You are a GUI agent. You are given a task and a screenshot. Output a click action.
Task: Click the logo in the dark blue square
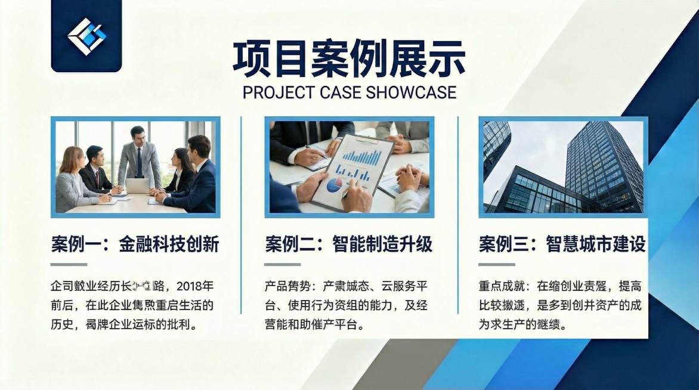click(86, 36)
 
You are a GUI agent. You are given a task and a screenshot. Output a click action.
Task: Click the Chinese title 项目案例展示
click(349, 59)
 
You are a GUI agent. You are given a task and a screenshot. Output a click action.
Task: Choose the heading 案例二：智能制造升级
click(349, 244)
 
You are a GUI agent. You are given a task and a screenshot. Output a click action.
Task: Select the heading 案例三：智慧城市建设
click(562, 244)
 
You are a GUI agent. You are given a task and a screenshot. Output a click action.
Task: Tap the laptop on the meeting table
click(137, 186)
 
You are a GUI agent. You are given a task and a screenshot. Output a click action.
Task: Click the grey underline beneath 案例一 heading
click(69, 264)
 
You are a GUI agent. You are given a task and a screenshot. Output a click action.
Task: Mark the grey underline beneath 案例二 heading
click(282, 264)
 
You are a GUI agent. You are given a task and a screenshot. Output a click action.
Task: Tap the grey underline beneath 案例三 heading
click(496, 264)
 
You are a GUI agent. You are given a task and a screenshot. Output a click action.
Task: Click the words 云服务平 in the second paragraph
click(405, 286)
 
